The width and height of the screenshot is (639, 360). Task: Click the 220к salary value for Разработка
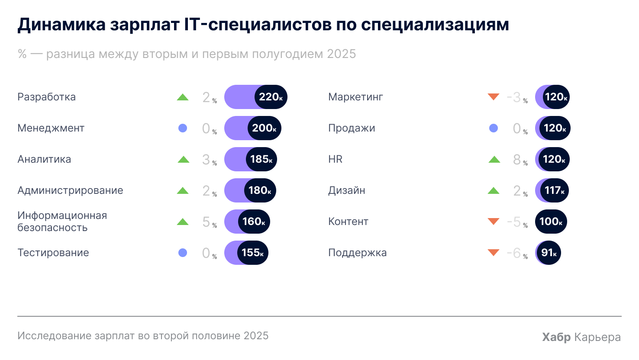271,97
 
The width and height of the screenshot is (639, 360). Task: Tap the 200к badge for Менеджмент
264,128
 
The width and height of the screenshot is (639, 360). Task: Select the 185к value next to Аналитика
261,159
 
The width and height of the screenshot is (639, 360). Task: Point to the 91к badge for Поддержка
549,253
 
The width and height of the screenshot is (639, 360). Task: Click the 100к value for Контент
551,222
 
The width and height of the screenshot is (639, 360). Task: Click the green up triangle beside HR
494,160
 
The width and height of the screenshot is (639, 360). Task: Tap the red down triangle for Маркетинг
494,96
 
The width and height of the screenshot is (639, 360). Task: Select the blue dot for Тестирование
183,253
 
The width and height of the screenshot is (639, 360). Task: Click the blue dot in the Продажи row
494,128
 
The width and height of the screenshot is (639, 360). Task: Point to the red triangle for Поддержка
494,252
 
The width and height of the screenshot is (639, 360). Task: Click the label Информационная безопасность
62,222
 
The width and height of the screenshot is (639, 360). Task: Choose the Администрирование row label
70,190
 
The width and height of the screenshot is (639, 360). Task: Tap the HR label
335,159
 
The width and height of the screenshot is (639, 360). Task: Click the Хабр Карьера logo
581,337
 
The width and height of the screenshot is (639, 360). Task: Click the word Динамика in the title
61,25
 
